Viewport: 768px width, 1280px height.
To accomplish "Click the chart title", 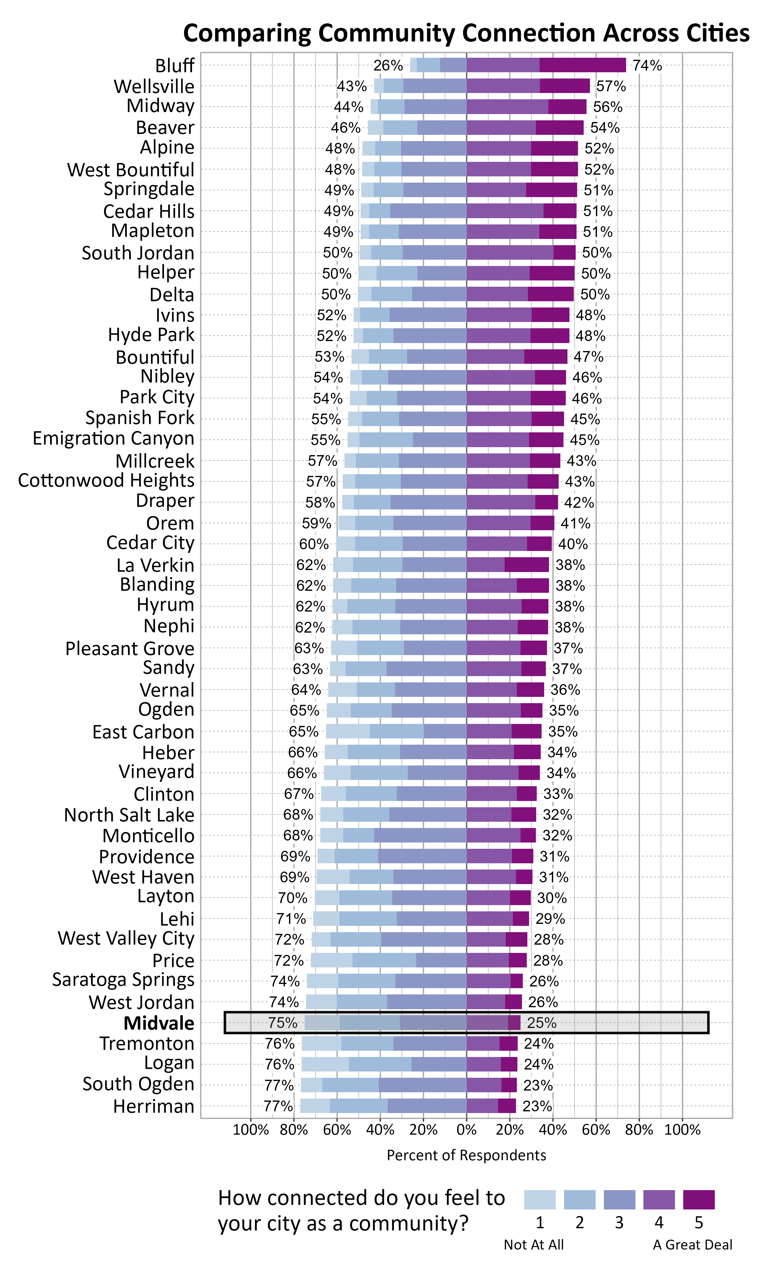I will click(x=466, y=33).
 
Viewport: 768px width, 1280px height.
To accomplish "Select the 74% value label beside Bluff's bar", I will click(x=647, y=65).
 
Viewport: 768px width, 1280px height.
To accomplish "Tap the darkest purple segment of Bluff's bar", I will click(x=582, y=65).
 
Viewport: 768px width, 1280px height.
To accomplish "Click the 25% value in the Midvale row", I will click(x=541, y=1023).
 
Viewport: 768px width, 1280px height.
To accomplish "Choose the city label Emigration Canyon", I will click(x=113, y=438).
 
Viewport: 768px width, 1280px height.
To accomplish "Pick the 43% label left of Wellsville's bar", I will click(x=352, y=86).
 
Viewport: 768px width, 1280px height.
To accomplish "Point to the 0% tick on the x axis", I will click(x=466, y=1130).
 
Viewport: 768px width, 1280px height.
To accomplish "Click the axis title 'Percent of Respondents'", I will click(x=466, y=1155).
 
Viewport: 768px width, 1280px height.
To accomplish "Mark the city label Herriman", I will click(x=154, y=1106).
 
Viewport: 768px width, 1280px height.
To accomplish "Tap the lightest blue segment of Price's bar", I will click(x=331, y=960).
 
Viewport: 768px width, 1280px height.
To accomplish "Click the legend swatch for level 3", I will click(x=619, y=1199).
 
